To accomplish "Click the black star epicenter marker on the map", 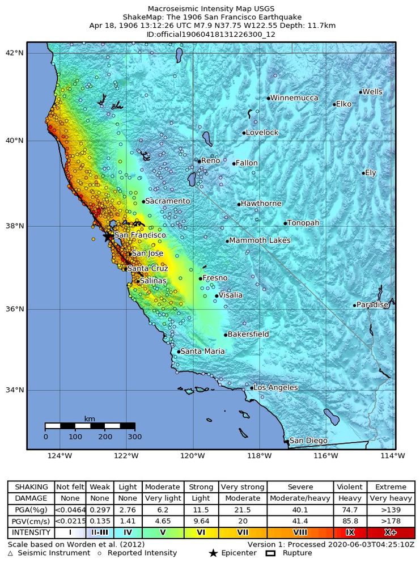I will coord(107,237).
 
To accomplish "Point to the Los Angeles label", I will coord(275,388).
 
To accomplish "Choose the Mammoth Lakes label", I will coord(260,240).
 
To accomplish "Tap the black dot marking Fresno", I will coord(201,278).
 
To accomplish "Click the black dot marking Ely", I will coord(363,173).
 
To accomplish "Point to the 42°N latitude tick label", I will coord(15,53).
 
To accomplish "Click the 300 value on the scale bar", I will coord(135,437).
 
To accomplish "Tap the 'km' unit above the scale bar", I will coord(90,419).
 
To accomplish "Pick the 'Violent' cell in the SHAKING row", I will coord(350,487).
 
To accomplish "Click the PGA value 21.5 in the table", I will coord(242,510).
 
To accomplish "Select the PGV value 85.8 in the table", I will coord(350,521).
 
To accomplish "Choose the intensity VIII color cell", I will coord(300,533).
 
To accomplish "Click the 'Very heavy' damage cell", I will coord(391,498).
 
